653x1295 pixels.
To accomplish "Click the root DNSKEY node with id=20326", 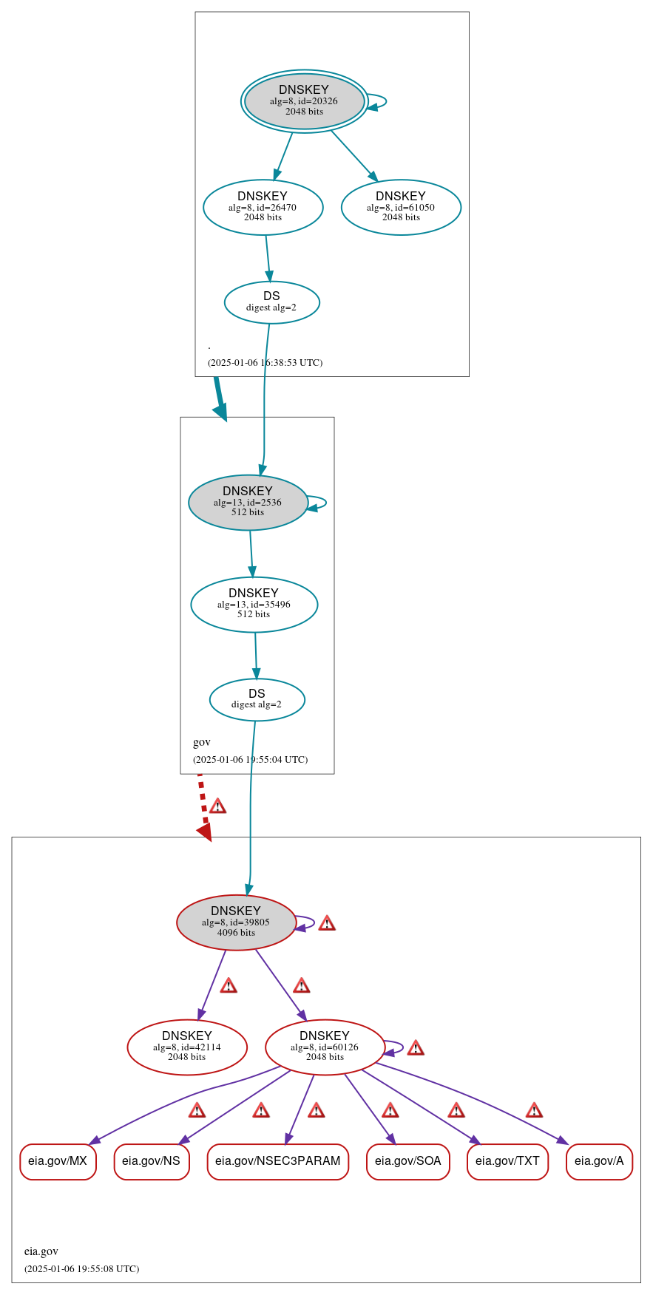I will coord(304,101).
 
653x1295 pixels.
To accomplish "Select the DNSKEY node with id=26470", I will coord(263,208).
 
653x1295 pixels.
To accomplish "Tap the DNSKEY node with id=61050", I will coord(401,208).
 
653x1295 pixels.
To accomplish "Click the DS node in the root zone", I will coord(271,302).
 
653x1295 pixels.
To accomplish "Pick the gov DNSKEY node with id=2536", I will coord(248,503).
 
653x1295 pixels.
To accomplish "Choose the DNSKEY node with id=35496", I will coord(254,605).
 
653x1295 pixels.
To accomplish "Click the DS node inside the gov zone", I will coord(257,699).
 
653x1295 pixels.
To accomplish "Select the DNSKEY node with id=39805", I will coord(236,922).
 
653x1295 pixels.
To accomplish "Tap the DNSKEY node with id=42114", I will coord(187,1047).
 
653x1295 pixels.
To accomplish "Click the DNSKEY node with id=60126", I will coord(325,1047).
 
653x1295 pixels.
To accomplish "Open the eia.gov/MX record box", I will coord(58,1161).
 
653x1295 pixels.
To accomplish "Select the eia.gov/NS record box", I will coord(151,1161).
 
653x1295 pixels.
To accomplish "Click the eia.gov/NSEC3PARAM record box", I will coord(277,1161).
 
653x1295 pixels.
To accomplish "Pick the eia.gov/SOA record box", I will coord(407,1161).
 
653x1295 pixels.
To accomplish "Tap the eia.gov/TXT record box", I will coord(507,1161).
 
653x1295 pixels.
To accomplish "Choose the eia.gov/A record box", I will coord(599,1161).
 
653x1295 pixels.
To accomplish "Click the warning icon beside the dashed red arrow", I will coord(217,806).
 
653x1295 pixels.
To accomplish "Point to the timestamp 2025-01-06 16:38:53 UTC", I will coord(265,363).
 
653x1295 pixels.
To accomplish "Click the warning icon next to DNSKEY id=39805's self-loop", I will coord(327,923).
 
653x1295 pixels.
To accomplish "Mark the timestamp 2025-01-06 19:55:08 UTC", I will coord(81,1269).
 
